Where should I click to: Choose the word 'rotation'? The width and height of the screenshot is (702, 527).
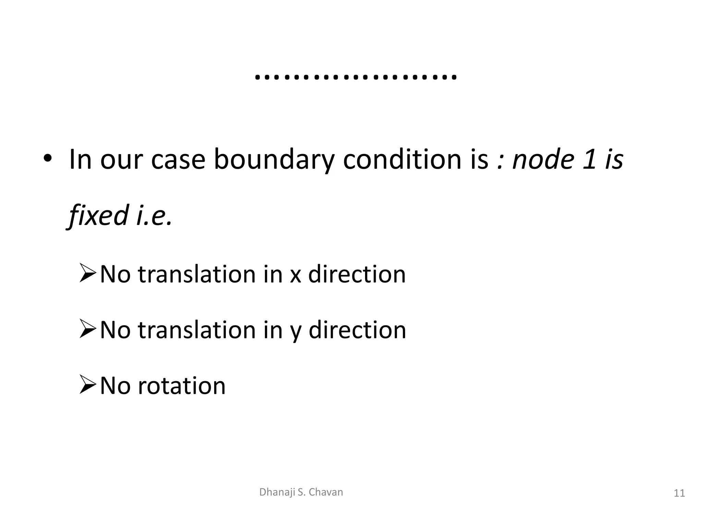182,386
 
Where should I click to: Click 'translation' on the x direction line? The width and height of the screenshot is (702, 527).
197,274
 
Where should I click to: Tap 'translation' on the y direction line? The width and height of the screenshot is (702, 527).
197,330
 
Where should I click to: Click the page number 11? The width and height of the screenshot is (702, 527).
679,493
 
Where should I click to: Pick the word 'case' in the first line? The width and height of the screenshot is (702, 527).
178,160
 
